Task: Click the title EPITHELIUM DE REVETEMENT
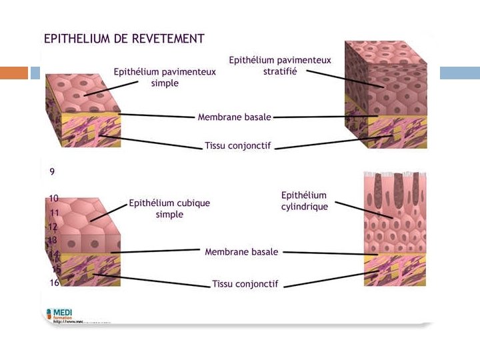124,39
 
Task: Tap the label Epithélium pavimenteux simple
165,77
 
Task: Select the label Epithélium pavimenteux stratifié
280,65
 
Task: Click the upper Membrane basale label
234,117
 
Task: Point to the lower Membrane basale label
241,252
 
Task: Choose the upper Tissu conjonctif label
237,145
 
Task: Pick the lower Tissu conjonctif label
245,283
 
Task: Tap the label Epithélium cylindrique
304,201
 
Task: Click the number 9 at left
52,171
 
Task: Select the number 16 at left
55,283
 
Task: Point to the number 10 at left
54,198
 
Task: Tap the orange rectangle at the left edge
14,73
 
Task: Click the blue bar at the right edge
459,73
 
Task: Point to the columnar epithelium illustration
395,229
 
